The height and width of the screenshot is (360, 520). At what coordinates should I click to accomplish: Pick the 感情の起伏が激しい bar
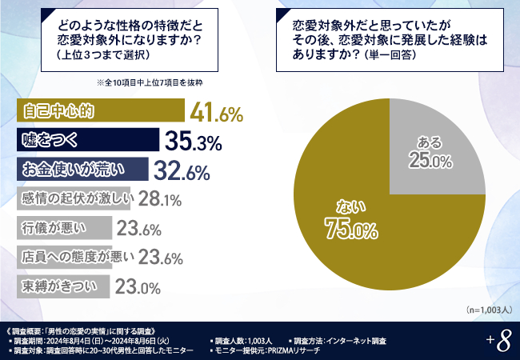[x=72, y=198]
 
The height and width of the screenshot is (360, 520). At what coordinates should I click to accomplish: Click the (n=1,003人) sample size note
[x=485, y=309]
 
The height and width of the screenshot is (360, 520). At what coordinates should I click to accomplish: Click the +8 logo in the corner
[x=498, y=341]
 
